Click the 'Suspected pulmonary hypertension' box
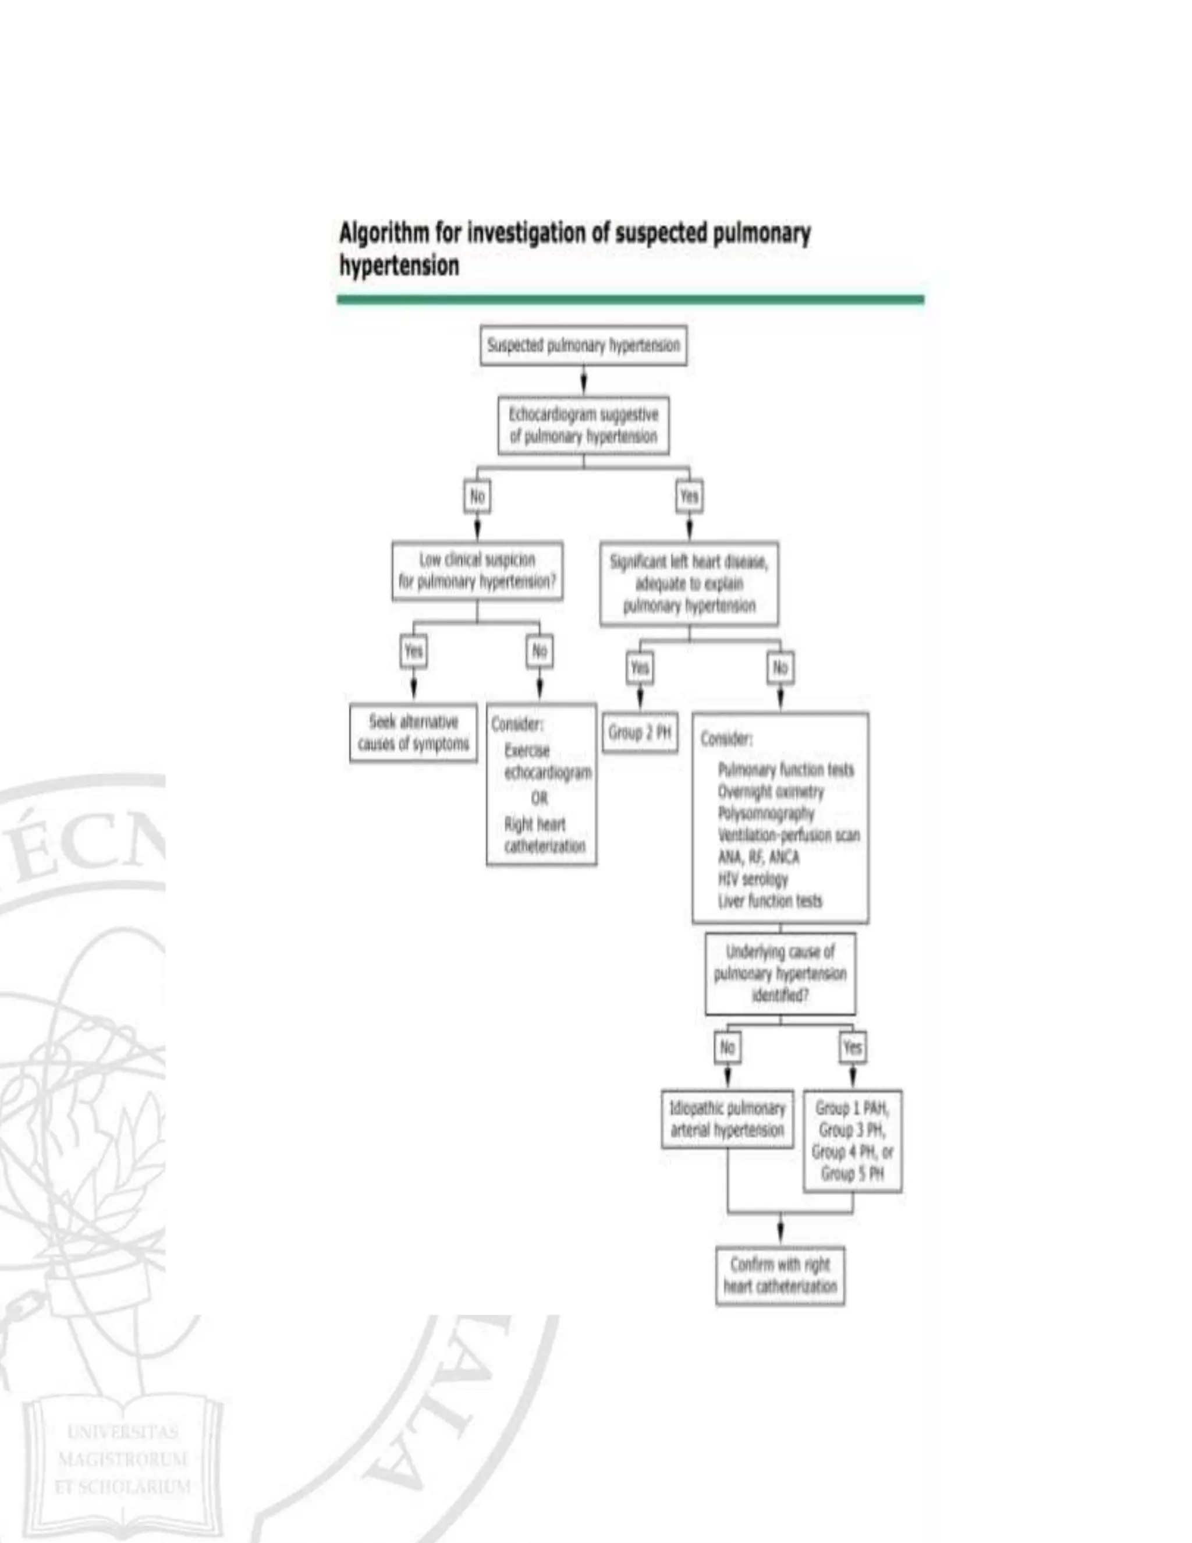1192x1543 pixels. click(583, 345)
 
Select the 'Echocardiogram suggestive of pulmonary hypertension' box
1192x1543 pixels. click(583, 425)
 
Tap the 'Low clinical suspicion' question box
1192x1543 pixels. click(477, 571)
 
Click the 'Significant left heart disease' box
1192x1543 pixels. click(689, 583)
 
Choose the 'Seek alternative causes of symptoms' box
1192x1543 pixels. click(413, 732)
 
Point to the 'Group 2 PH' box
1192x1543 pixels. click(640, 732)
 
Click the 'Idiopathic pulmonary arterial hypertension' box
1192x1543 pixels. click(728, 1119)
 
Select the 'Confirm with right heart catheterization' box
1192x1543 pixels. click(781, 1275)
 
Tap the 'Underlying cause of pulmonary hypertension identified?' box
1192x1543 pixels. click(781, 974)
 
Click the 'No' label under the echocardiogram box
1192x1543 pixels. click(477, 497)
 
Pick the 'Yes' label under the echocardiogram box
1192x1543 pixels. click(689, 497)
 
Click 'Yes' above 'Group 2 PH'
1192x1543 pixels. click(640, 668)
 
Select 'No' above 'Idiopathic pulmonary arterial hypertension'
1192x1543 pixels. click(728, 1046)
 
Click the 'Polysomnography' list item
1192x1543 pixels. click(766, 813)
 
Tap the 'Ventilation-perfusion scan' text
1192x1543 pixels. click(789, 835)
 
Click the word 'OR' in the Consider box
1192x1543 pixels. click(540, 798)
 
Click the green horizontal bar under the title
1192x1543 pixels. click(630, 299)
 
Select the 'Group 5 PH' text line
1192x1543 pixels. click(852, 1173)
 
